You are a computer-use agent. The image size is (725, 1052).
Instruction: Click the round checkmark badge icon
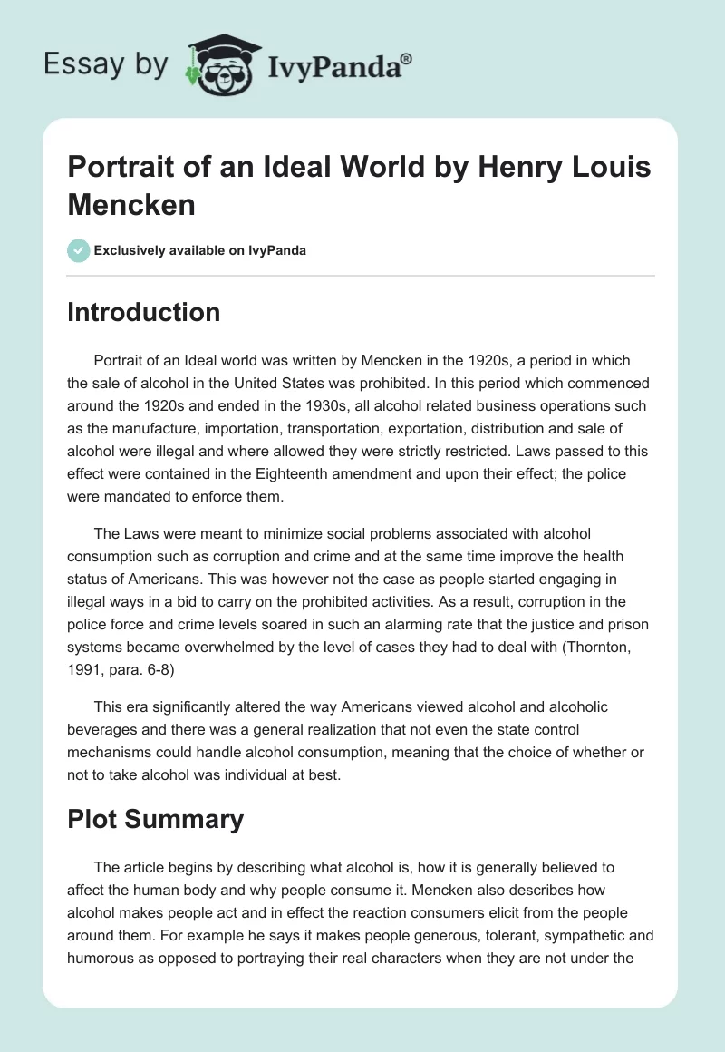(x=79, y=249)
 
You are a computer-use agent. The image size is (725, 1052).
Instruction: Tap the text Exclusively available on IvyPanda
(x=200, y=250)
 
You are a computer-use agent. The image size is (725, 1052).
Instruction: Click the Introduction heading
(x=144, y=312)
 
